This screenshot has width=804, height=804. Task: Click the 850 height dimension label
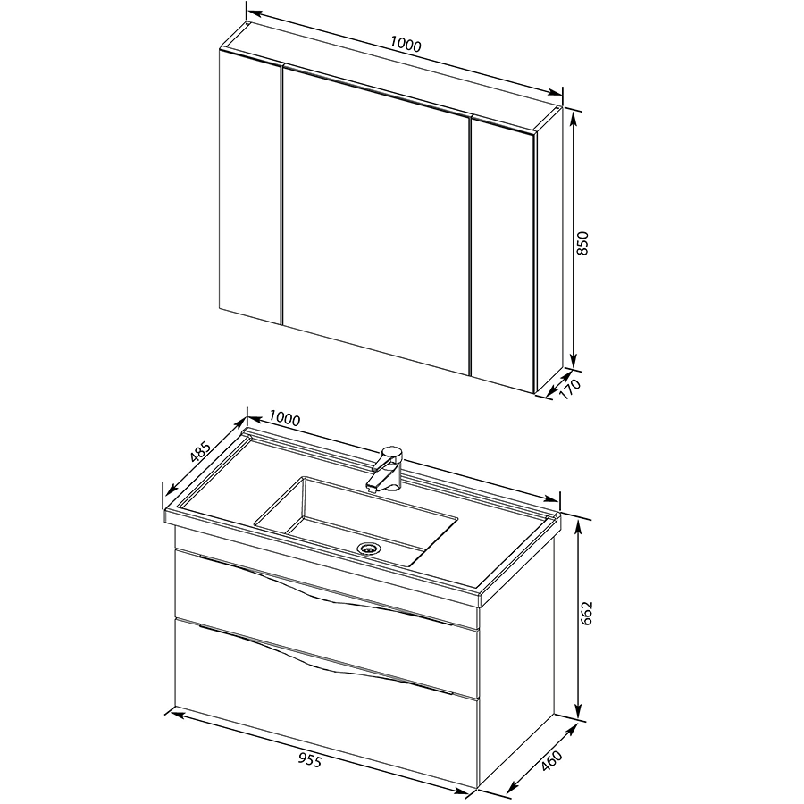(583, 244)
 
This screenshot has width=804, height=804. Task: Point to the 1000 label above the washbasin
(284, 418)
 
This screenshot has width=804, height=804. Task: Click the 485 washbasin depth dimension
(200, 452)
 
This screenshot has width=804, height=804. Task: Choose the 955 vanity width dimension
(310, 761)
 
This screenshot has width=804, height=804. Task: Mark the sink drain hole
(368, 549)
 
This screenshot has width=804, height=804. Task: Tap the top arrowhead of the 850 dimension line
(574, 118)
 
